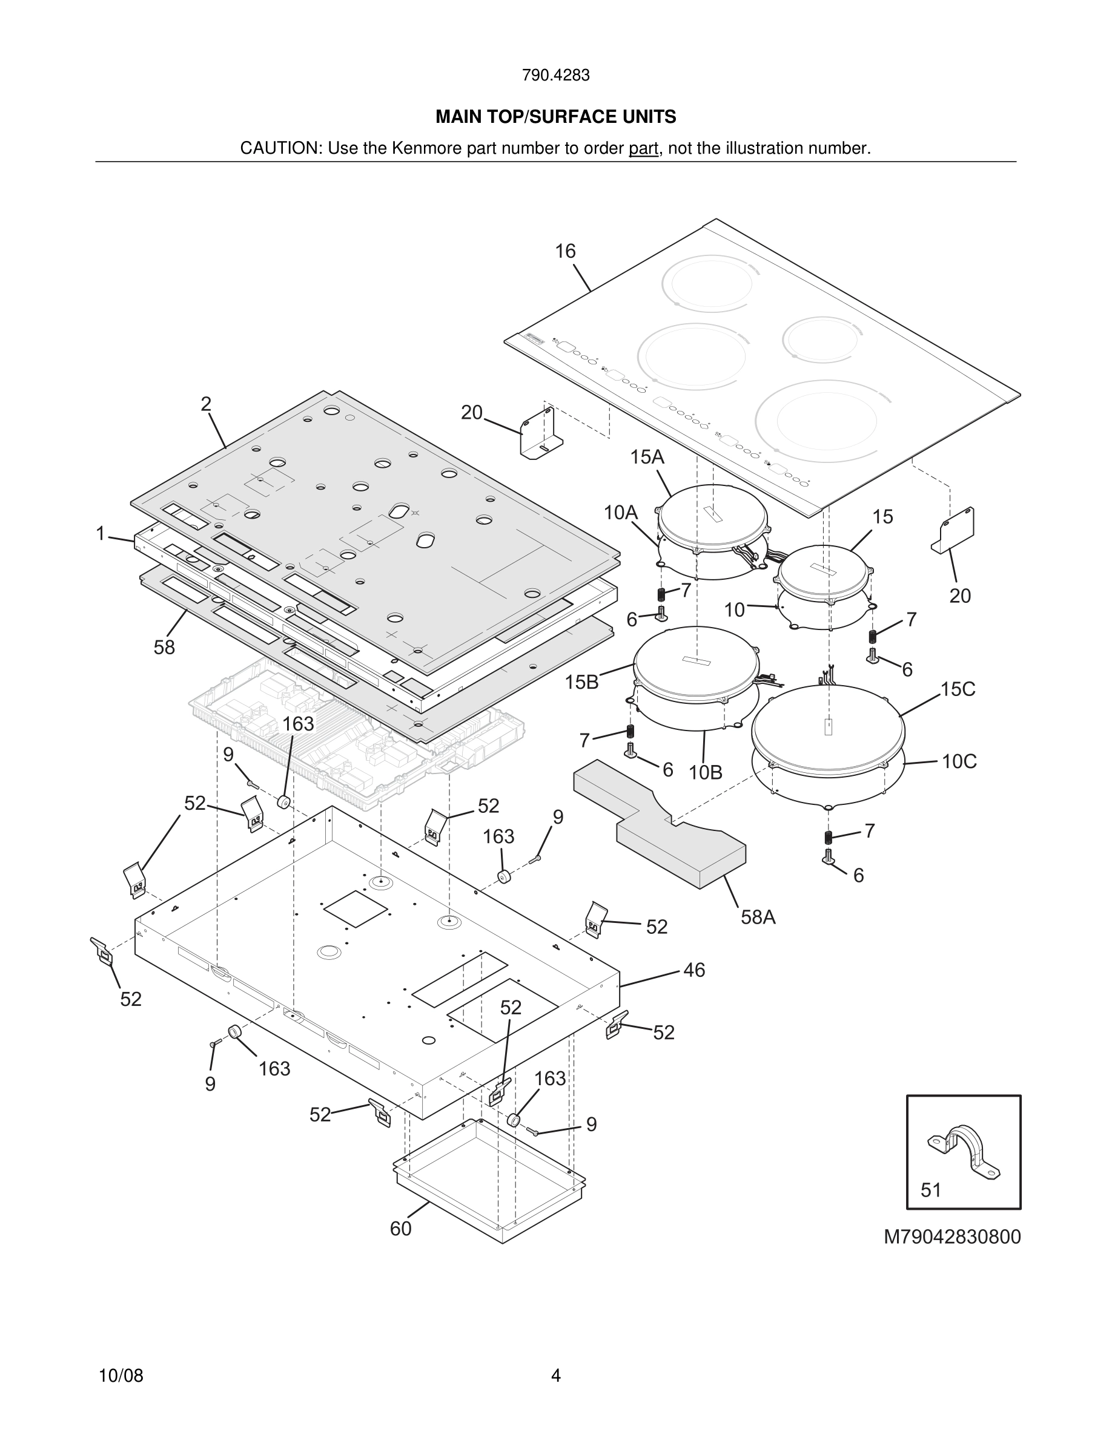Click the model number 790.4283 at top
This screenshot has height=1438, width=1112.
pyautogui.click(x=555, y=75)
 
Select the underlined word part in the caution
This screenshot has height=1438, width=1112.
pyautogui.click(x=643, y=148)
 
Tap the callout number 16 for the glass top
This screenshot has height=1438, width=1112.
pyautogui.click(x=564, y=251)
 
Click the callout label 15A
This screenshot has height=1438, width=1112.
pyautogui.click(x=647, y=457)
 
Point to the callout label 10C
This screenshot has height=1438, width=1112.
pyautogui.click(x=959, y=761)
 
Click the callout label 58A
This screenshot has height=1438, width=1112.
pyautogui.click(x=758, y=916)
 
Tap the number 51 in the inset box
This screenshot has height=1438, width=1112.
pyautogui.click(x=931, y=1190)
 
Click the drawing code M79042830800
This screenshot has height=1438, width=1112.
pyautogui.click(x=952, y=1236)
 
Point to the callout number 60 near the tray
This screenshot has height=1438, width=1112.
pyautogui.click(x=400, y=1229)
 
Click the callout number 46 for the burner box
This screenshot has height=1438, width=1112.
pyautogui.click(x=693, y=970)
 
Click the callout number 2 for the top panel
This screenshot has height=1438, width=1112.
pyautogui.click(x=206, y=404)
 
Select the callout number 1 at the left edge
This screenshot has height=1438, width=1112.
pyautogui.click(x=100, y=533)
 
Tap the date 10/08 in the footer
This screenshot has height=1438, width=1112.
pyautogui.click(x=121, y=1376)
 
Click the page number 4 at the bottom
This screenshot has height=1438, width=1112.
pyautogui.click(x=555, y=1376)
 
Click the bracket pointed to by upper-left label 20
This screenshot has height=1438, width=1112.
pyautogui.click(x=540, y=435)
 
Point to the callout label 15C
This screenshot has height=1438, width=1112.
pyautogui.click(x=958, y=689)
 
